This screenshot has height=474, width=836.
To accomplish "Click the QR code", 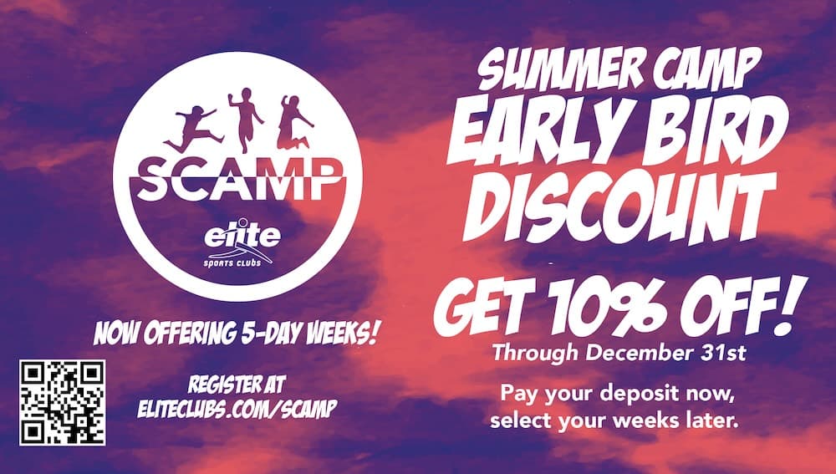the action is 63,403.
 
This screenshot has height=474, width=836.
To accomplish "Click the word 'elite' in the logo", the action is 242,235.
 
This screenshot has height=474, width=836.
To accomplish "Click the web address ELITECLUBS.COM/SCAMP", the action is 237,409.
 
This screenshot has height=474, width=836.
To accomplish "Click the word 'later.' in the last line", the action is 712,420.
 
